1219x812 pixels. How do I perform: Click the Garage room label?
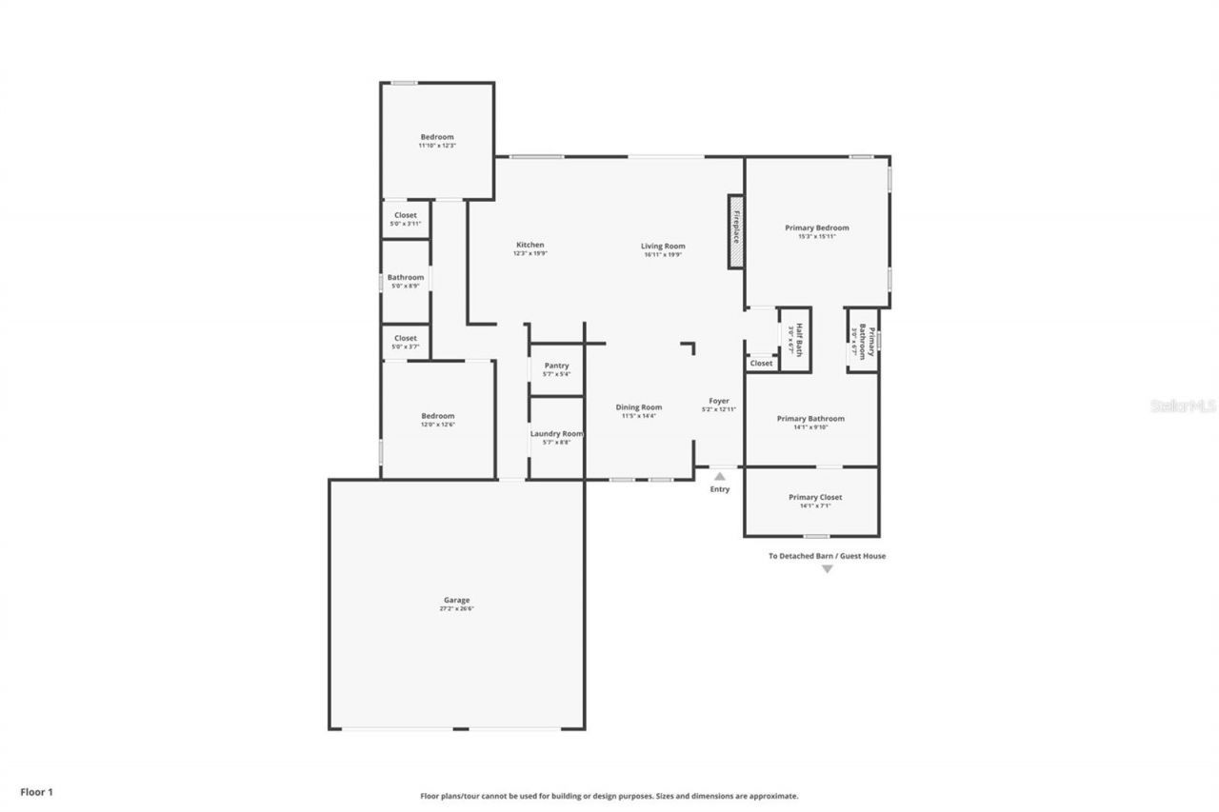(456, 601)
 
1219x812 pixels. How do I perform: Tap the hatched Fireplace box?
(736, 232)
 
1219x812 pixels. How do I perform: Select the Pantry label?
(556, 366)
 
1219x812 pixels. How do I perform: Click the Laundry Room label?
(556, 434)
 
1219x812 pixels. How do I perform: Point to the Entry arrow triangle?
(720, 476)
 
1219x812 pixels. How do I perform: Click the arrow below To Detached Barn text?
(827, 569)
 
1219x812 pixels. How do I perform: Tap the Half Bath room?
(795, 339)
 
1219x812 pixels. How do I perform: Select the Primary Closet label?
(815, 497)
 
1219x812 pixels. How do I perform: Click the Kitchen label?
(530, 245)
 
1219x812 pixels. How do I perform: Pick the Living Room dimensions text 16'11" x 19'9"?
(664, 254)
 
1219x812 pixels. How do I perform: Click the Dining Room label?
(638, 407)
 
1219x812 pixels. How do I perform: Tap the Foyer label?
(719, 401)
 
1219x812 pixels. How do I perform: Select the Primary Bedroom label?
(816, 228)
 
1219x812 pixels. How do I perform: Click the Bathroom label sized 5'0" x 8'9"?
(406, 277)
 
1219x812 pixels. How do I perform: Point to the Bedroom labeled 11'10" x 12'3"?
(437, 137)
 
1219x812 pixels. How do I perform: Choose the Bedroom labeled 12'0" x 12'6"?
(438, 416)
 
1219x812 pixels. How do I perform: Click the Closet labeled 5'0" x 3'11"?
(406, 215)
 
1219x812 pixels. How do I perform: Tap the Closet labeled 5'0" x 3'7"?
(406, 338)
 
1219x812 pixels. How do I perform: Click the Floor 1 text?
(37, 791)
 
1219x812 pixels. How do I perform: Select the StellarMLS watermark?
(1183, 406)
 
